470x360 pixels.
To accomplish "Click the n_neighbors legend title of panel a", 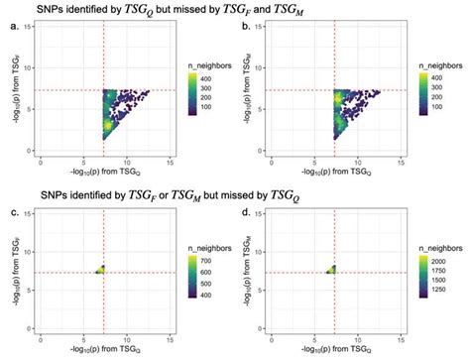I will pyautogui.click(x=206, y=62).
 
